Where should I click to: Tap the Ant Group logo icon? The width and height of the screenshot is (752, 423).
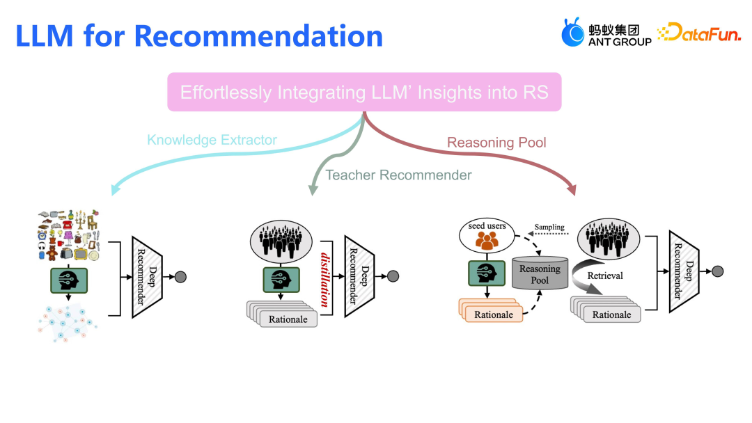574,33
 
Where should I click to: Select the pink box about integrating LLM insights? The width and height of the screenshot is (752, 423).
364,92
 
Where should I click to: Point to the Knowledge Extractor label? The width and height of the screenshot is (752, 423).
212,140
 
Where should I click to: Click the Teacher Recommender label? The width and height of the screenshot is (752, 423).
398,175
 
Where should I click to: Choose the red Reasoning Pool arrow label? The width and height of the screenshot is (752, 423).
496,143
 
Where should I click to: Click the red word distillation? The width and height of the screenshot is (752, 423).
324,278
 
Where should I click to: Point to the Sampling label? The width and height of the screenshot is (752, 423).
549,228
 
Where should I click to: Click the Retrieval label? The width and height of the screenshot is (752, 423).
605,276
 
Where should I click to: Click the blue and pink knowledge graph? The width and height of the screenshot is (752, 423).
68,322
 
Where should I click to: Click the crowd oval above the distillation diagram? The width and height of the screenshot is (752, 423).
281,239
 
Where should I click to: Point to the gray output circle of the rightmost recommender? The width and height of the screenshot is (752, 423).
718,271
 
